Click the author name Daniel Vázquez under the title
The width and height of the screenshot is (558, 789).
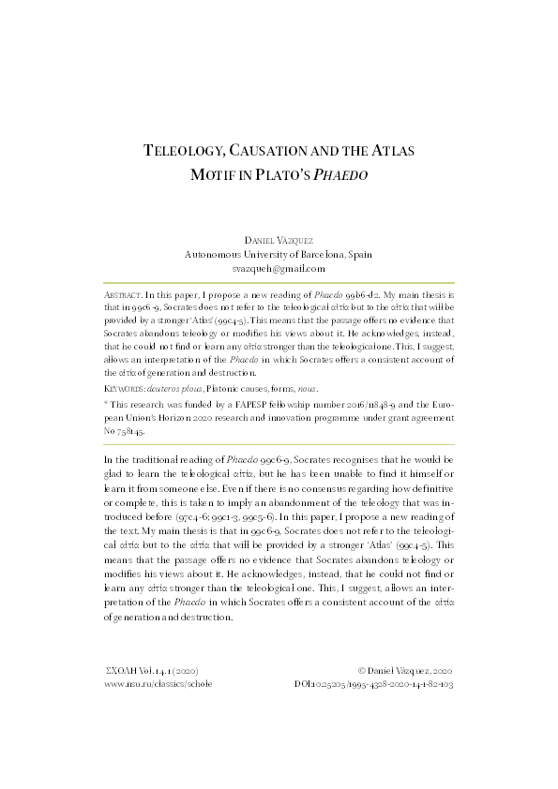pyautogui.click(x=279, y=240)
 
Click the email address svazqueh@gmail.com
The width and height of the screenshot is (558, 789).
pyautogui.click(x=279, y=268)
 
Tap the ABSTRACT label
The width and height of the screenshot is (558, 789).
pyautogui.click(x=122, y=293)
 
